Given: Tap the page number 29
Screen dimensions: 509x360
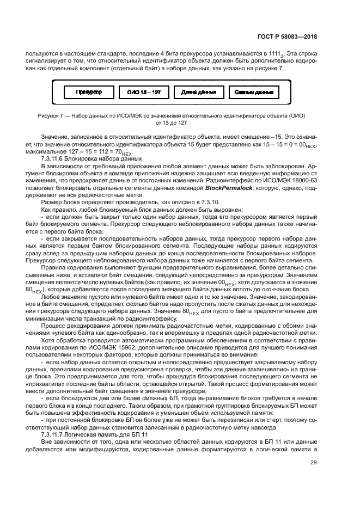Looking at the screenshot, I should pyautogui.click(x=313, y=463).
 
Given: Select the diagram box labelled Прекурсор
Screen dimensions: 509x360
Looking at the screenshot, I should pyautogui.click(x=88, y=93).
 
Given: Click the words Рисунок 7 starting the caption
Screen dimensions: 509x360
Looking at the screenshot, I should pyautogui.click(x=51, y=116).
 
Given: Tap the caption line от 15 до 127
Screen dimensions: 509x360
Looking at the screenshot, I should pyautogui.click(x=170, y=123).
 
